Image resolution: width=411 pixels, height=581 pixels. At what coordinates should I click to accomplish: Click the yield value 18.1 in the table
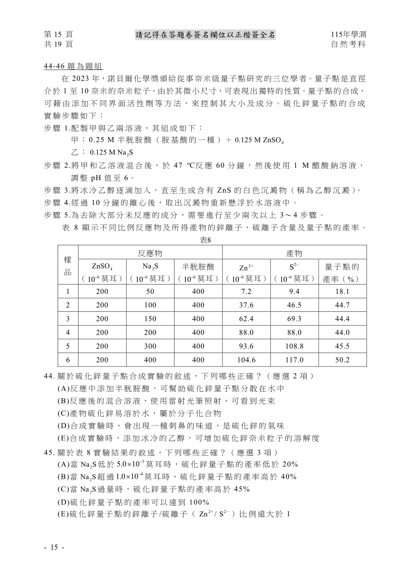[x=342, y=291]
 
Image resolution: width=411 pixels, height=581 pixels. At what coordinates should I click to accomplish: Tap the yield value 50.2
[x=342, y=360]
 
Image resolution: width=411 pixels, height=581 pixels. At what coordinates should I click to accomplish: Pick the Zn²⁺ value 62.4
[x=247, y=319]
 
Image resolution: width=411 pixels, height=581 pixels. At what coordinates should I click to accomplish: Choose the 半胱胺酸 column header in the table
[x=198, y=267]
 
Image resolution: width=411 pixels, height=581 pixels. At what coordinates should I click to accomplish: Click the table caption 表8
[x=206, y=240]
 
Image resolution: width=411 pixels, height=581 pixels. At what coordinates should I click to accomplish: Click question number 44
[x=50, y=375]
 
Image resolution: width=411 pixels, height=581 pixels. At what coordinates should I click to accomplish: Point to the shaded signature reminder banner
[x=205, y=35]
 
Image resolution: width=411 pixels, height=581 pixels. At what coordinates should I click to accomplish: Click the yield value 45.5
[x=342, y=346]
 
